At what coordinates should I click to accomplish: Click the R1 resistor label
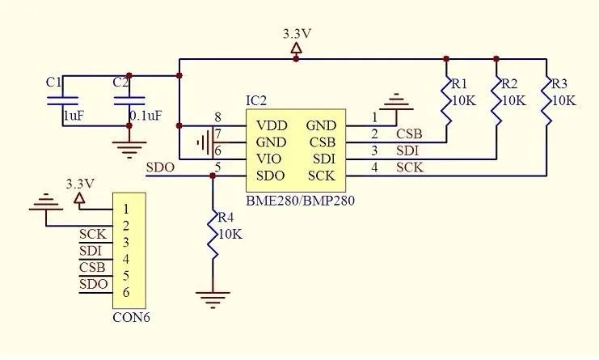(460, 83)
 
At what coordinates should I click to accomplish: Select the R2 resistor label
(510, 83)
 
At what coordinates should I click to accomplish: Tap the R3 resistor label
(559, 83)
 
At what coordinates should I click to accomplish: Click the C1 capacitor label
(53, 82)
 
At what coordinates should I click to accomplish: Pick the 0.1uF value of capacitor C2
(146, 116)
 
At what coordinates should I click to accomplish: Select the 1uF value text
(73, 116)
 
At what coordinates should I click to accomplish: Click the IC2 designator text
(256, 100)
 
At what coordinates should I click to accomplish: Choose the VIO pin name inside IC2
(269, 159)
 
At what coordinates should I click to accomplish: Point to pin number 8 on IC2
(217, 116)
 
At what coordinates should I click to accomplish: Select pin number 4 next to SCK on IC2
(374, 167)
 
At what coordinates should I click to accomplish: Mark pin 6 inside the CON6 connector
(126, 293)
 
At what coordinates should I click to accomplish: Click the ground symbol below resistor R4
(213, 300)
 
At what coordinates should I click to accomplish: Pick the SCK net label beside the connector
(91, 234)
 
